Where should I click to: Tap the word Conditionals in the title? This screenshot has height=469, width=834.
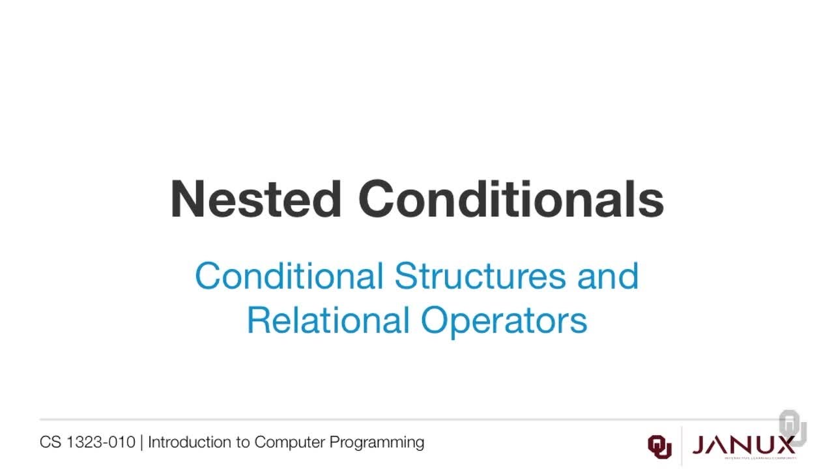[511, 199]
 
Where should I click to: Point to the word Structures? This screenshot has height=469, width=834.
[480, 276]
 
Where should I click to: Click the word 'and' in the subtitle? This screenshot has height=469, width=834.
[608, 276]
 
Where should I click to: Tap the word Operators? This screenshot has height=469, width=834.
[504, 320]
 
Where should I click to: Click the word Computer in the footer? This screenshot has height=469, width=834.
[290, 442]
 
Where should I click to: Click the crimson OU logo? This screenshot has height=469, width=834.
[659, 446]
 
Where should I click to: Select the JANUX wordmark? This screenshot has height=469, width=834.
[743, 446]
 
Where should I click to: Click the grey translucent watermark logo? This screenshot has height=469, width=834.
[792, 427]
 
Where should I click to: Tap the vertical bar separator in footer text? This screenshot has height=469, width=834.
[141, 442]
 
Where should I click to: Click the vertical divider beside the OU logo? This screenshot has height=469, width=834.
[682, 446]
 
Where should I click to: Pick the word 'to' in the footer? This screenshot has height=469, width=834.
[243, 442]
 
